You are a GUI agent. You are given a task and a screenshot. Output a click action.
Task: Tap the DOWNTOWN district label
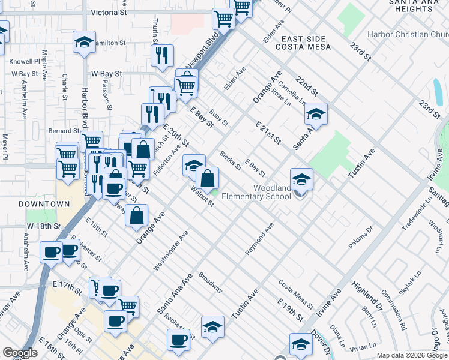(x=44, y=204)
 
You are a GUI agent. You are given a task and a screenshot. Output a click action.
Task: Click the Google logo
(x=20, y=353)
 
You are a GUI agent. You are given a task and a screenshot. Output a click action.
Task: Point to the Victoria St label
(x=109, y=12)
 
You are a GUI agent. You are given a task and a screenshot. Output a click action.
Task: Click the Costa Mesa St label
(x=296, y=293)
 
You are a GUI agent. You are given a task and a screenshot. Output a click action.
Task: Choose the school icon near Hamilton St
(x=84, y=43)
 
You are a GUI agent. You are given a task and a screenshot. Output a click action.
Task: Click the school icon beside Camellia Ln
(x=316, y=113)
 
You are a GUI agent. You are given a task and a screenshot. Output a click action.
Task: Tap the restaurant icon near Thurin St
(x=162, y=55)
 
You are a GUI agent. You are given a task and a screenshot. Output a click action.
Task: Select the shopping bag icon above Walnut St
(x=207, y=178)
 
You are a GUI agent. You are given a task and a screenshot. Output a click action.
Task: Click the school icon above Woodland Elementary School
(x=301, y=179)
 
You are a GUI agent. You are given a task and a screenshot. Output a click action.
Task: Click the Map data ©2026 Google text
(x=412, y=355)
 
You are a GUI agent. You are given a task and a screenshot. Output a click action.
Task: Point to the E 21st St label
(x=268, y=133)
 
